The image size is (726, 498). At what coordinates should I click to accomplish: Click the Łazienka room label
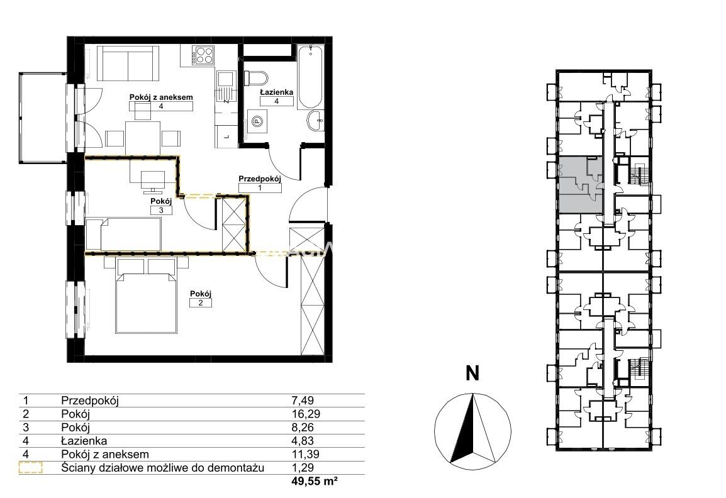(x=276, y=92)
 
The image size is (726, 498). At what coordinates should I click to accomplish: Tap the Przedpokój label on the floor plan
(x=260, y=179)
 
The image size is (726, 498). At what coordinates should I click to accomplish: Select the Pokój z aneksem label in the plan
(x=161, y=97)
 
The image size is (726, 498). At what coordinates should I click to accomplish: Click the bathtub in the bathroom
(x=310, y=77)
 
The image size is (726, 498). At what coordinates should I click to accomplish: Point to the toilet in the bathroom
(x=256, y=77)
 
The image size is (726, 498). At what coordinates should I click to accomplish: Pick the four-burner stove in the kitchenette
(x=204, y=55)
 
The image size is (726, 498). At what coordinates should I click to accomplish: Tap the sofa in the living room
(x=125, y=64)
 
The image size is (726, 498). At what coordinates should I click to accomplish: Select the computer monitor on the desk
(x=152, y=181)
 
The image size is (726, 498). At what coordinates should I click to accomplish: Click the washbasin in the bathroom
(x=316, y=121)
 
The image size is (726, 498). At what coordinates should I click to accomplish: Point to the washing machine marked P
(x=256, y=122)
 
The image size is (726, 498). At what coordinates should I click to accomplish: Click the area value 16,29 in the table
(x=306, y=414)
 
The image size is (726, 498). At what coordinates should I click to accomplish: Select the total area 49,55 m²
(x=315, y=482)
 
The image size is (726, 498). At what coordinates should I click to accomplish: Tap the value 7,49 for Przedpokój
(x=303, y=401)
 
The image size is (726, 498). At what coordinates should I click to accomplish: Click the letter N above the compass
(x=472, y=373)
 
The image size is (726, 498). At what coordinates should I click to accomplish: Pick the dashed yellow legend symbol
(x=31, y=468)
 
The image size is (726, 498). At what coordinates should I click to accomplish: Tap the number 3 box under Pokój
(x=161, y=210)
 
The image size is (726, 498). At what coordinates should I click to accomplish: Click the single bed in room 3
(x=124, y=235)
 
